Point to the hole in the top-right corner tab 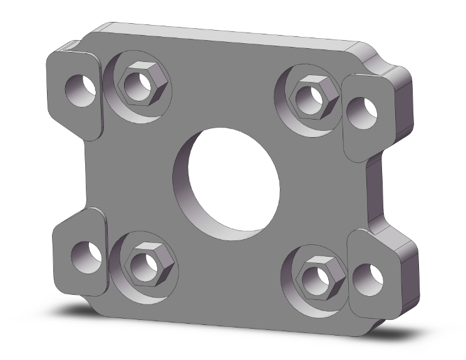click(x=361, y=112)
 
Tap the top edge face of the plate click(x=225, y=34)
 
